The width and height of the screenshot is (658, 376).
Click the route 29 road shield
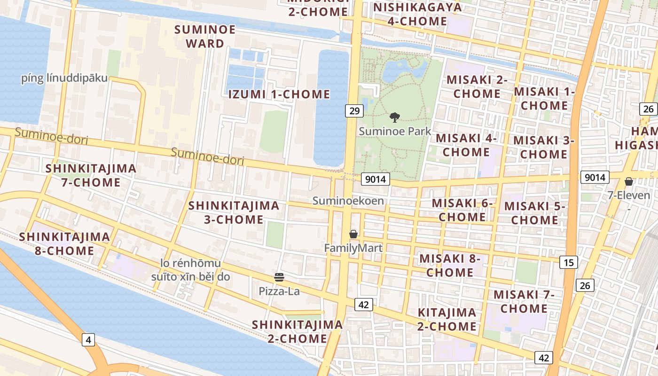pyautogui.click(x=354, y=111)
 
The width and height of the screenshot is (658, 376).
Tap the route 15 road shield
pyautogui.click(x=568, y=262)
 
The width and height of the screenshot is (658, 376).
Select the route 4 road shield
pyautogui.click(x=88, y=339)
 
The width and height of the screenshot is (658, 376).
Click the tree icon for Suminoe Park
pyautogui.click(x=395, y=117)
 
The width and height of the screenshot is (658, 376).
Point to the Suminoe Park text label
pyautogui.click(x=395, y=131)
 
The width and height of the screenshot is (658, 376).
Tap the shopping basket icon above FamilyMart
pyautogui.click(x=353, y=234)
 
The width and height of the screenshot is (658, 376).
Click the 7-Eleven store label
pyautogui.click(x=629, y=195)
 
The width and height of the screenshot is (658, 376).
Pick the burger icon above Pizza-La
pyautogui.click(x=279, y=277)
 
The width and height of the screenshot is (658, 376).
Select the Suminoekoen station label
pyautogui.click(x=348, y=201)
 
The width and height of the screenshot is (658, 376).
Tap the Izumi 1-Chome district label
pyautogui.click(x=279, y=94)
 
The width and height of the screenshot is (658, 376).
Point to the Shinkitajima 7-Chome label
pyautogui.click(x=91, y=175)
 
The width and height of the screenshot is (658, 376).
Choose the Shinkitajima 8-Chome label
pyautogui.click(x=64, y=243)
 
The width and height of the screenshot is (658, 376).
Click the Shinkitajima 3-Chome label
pyautogui.click(x=234, y=212)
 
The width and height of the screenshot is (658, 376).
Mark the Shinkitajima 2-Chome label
pyautogui.click(x=297, y=331)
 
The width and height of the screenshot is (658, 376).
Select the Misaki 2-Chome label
pyautogui.click(x=477, y=86)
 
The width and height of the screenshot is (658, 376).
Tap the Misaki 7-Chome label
pyautogui.click(x=524, y=302)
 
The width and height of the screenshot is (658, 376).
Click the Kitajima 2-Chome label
pyautogui.click(x=447, y=319)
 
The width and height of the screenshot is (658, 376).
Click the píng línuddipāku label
pyautogui.click(x=64, y=78)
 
